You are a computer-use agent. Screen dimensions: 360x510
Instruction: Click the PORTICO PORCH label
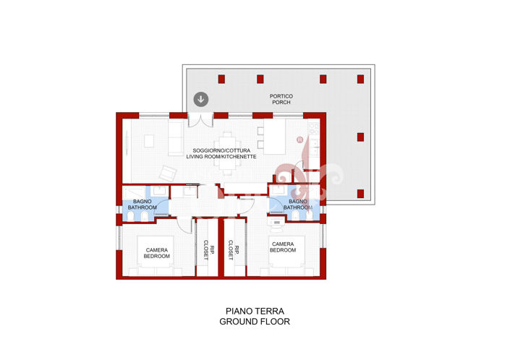point(281,99)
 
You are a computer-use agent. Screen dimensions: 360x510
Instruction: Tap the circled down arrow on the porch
point(200,100)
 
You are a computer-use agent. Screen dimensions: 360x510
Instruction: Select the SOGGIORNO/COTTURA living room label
point(221,153)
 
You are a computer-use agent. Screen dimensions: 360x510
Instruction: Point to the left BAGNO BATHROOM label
point(143,205)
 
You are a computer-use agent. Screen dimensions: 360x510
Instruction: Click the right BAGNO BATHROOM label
point(297,205)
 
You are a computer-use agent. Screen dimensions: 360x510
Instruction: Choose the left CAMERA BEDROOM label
point(156,252)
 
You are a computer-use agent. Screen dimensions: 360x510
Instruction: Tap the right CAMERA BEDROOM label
point(283,247)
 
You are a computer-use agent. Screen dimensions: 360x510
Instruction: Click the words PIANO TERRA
point(255,311)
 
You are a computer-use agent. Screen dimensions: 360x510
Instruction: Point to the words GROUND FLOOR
point(255,322)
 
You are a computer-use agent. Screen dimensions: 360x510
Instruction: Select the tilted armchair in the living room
point(169,173)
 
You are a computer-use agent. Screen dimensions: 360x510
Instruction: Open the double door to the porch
point(200,119)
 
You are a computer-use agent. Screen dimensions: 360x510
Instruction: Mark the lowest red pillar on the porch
point(360,194)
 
